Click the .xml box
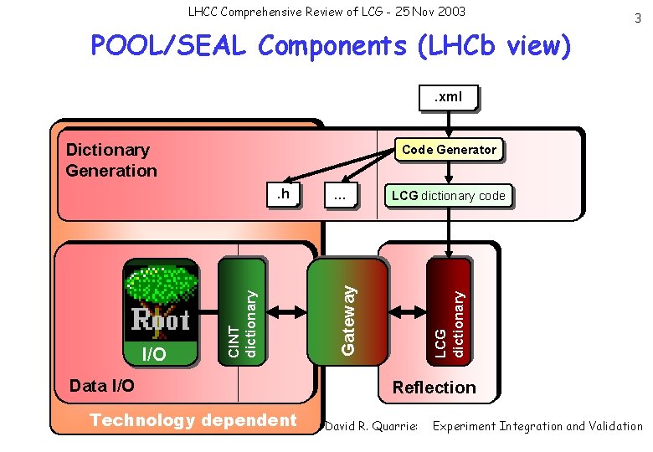pyautogui.click(x=448, y=97)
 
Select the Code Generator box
pyautogui.click(x=449, y=150)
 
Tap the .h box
pyautogui.click(x=283, y=195)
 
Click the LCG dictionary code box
pyautogui.click(x=448, y=196)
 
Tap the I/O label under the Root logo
pyautogui.click(x=153, y=355)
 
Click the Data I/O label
pyautogui.click(x=101, y=386)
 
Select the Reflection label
pyautogui.click(x=434, y=387)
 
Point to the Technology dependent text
pyautogui.click(x=193, y=420)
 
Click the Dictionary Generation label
pyautogui.click(x=111, y=160)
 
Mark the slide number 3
pyautogui.click(x=639, y=18)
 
